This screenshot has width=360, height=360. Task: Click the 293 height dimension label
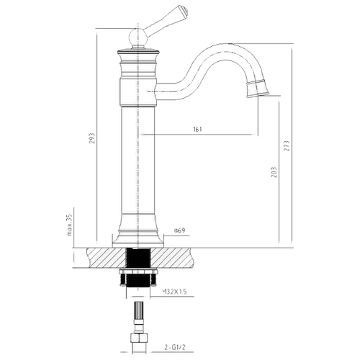(x=92, y=138)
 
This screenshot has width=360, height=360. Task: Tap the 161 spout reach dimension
(x=197, y=129)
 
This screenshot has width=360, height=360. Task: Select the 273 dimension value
(x=287, y=146)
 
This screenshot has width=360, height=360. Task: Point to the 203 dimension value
(x=274, y=172)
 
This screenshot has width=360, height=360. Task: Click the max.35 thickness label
(x=70, y=225)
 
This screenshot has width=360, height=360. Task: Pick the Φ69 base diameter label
(x=179, y=231)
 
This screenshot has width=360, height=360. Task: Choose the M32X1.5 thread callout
(x=175, y=292)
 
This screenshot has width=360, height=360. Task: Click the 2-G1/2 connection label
(x=175, y=348)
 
